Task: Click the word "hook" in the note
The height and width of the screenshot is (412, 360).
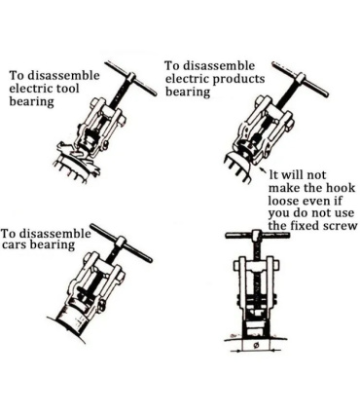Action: click(341, 188)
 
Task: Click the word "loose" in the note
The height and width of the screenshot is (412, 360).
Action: click(283, 201)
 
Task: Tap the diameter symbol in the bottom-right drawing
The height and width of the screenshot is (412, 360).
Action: click(255, 345)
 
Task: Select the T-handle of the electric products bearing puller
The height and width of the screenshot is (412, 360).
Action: click(301, 79)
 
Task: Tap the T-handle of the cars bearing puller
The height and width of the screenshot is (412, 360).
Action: click(121, 243)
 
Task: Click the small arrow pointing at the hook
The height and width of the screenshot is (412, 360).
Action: click(264, 171)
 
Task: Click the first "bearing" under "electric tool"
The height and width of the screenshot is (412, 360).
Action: click(31, 102)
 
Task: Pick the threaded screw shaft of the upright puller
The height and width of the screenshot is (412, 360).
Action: click(257, 276)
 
